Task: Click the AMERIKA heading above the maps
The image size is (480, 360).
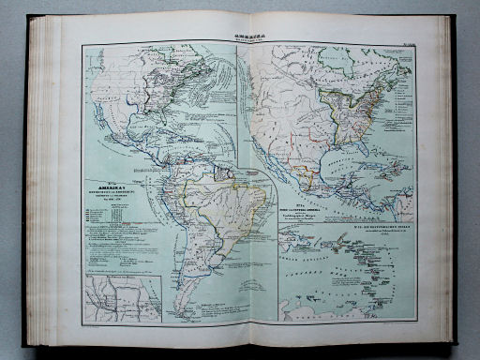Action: click(x=240, y=29)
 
